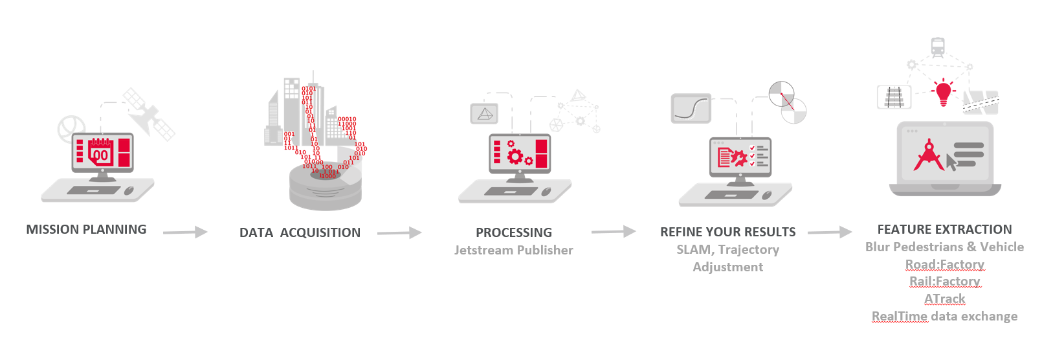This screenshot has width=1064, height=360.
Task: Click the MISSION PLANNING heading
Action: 86,229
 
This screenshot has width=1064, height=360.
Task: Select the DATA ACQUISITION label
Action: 300,232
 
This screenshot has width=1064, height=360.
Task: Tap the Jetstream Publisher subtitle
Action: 513,250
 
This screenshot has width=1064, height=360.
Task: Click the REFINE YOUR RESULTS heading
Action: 727,232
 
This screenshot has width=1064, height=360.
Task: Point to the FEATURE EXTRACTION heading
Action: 944,229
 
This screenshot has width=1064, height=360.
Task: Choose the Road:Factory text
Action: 944,264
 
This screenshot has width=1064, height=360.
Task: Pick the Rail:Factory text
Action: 944,281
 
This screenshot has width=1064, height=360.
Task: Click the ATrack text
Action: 944,298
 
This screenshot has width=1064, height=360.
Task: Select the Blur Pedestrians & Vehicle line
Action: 944,247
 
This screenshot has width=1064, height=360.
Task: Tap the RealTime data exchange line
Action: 944,316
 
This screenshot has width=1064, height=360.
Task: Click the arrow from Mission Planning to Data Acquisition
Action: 185,232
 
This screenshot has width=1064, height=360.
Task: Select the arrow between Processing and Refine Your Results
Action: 613,231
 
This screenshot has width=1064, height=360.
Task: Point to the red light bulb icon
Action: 944,92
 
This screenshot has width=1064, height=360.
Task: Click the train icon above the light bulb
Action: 937,47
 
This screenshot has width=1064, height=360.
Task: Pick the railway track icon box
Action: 894,98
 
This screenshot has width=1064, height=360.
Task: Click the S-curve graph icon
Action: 691,108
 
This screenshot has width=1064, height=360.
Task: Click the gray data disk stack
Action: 325,188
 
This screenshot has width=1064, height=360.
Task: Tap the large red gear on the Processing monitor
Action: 515,156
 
